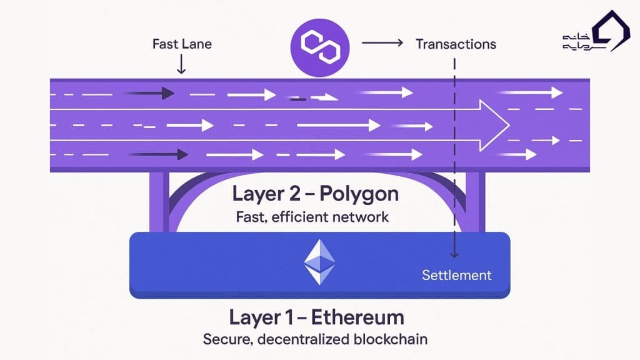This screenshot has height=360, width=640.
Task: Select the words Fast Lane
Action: click(x=182, y=44)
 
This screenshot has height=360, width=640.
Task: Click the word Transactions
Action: click(x=456, y=44)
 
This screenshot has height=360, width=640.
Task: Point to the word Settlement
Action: click(x=457, y=275)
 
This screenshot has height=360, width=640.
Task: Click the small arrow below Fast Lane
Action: click(x=181, y=64)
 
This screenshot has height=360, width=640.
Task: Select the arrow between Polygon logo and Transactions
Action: click(x=382, y=43)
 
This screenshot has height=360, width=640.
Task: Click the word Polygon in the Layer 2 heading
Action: click(x=359, y=194)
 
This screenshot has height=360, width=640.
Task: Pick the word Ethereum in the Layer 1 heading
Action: click(x=358, y=317)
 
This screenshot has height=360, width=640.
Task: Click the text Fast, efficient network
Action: click(x=312, y=217)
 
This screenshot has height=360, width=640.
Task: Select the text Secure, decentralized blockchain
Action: click(x=315, y=340)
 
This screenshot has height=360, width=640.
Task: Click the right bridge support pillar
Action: click(x=476, y=203)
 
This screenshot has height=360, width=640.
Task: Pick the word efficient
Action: click(x=297, y=217)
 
